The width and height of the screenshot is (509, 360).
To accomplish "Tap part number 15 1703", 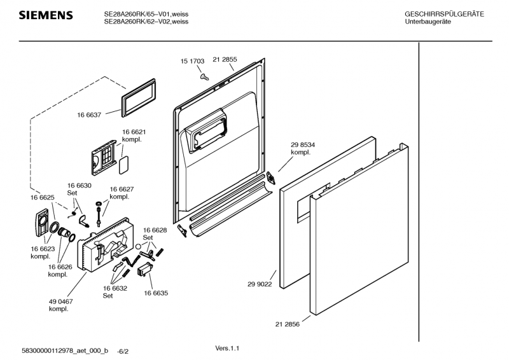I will [x=192, y=62].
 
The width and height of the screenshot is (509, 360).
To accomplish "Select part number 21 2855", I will [x=225, y=60].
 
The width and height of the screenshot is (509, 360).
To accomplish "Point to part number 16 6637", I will [x=90, y=115].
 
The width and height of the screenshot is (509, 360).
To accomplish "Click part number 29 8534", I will [x=302, y=145].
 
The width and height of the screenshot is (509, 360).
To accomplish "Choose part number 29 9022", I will [x=260, y=284].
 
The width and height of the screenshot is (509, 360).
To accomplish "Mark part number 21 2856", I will [x=288, y=324].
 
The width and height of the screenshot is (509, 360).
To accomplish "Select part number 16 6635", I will [x=155, y=293].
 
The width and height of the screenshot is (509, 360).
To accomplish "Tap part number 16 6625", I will [x=42, y=198].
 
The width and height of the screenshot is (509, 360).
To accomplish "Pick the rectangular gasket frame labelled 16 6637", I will [x=137, y=97].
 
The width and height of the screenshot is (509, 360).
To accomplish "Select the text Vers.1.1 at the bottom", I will [x=229, y=348].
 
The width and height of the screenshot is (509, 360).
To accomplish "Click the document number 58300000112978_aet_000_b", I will [x=65, y=351].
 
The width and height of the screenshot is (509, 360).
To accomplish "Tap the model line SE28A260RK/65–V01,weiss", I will [x=146, y=14].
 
